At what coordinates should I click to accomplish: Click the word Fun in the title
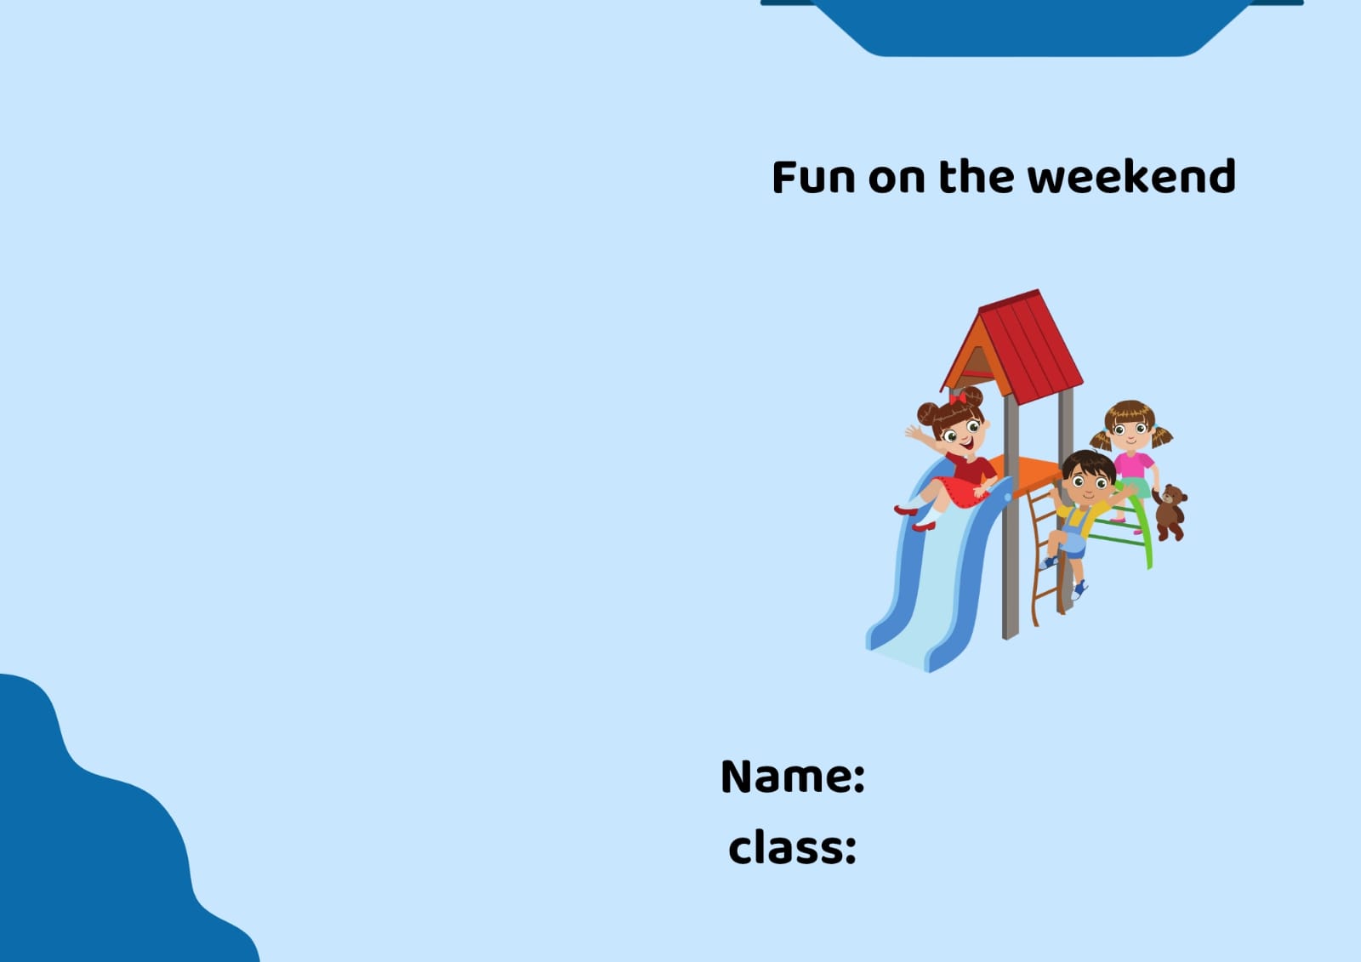tap(813, 177)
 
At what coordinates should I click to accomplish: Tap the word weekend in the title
tap(1131, 177)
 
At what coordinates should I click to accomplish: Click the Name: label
tap(792, 777)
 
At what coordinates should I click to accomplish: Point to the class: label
tap(792, 848)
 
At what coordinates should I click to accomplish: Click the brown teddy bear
tap(1170, 511)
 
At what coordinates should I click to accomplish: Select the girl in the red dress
tap(957, 464)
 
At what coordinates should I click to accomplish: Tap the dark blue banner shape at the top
tap(1029, 26)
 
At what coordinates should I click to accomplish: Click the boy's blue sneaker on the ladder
tap(1079, 589)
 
